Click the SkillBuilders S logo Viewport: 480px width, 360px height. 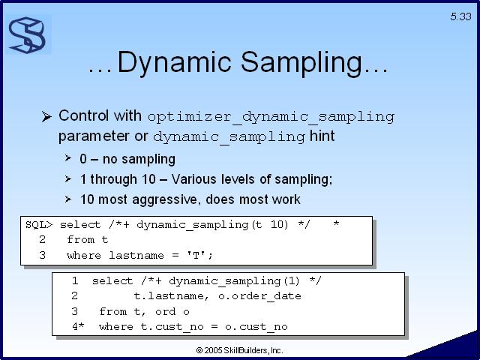pos(28,35)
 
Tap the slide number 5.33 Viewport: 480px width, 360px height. pos(460,16)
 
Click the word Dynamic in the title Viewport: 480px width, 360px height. pos(175,62)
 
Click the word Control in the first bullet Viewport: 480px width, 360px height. pos(83,115)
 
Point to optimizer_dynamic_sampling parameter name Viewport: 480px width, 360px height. pos(271,117)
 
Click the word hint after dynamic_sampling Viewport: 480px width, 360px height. pos(322,136)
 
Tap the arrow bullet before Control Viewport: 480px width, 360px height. pos(46,116)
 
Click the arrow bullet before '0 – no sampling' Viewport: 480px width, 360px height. pos(68,158)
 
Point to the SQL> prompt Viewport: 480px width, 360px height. pos(39,225)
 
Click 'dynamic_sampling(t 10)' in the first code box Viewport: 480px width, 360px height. pos(212,225)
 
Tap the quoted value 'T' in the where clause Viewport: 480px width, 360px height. pos(196,255)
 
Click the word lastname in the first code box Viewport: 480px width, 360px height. pos(136,255)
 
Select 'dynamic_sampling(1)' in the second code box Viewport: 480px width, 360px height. pos(234,281)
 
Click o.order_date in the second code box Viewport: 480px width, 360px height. pos(260,296)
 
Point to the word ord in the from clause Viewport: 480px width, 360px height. pos(165,312)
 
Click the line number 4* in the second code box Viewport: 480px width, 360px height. pos(78,326)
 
